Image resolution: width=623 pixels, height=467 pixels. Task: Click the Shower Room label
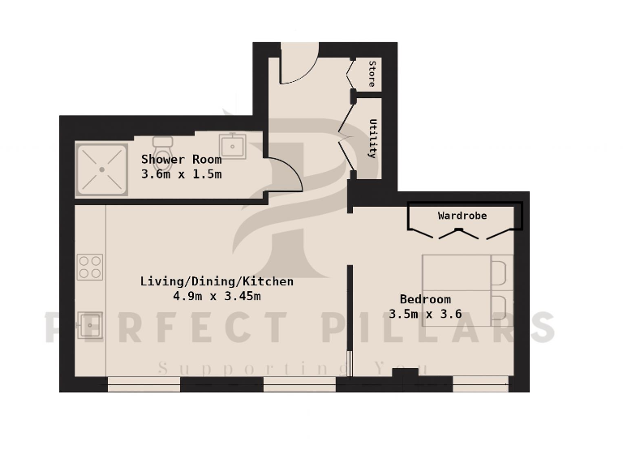tap(181, 160)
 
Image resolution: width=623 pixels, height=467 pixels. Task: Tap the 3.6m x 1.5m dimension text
tap(181, 174)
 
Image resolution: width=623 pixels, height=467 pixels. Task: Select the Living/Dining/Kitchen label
tap(217, 281)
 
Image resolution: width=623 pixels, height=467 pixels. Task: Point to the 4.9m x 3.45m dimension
tap(217, 296)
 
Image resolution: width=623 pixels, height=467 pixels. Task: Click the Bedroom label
tap(425, 299)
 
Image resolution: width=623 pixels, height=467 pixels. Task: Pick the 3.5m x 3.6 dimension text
tap(425, 314)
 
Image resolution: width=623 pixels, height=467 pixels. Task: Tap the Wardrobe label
tap(462, 216)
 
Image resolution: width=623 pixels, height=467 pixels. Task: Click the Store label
tap(372, 73)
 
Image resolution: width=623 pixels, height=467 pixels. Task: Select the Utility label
tap(373, 138)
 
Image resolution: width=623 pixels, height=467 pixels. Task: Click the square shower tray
tap(102, 169)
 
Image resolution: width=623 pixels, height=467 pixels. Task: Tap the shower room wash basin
tap(233, 146)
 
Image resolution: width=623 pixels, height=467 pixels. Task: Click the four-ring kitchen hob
tap(90, 267)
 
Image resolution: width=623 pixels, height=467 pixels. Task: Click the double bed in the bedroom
tap(466, 289)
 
